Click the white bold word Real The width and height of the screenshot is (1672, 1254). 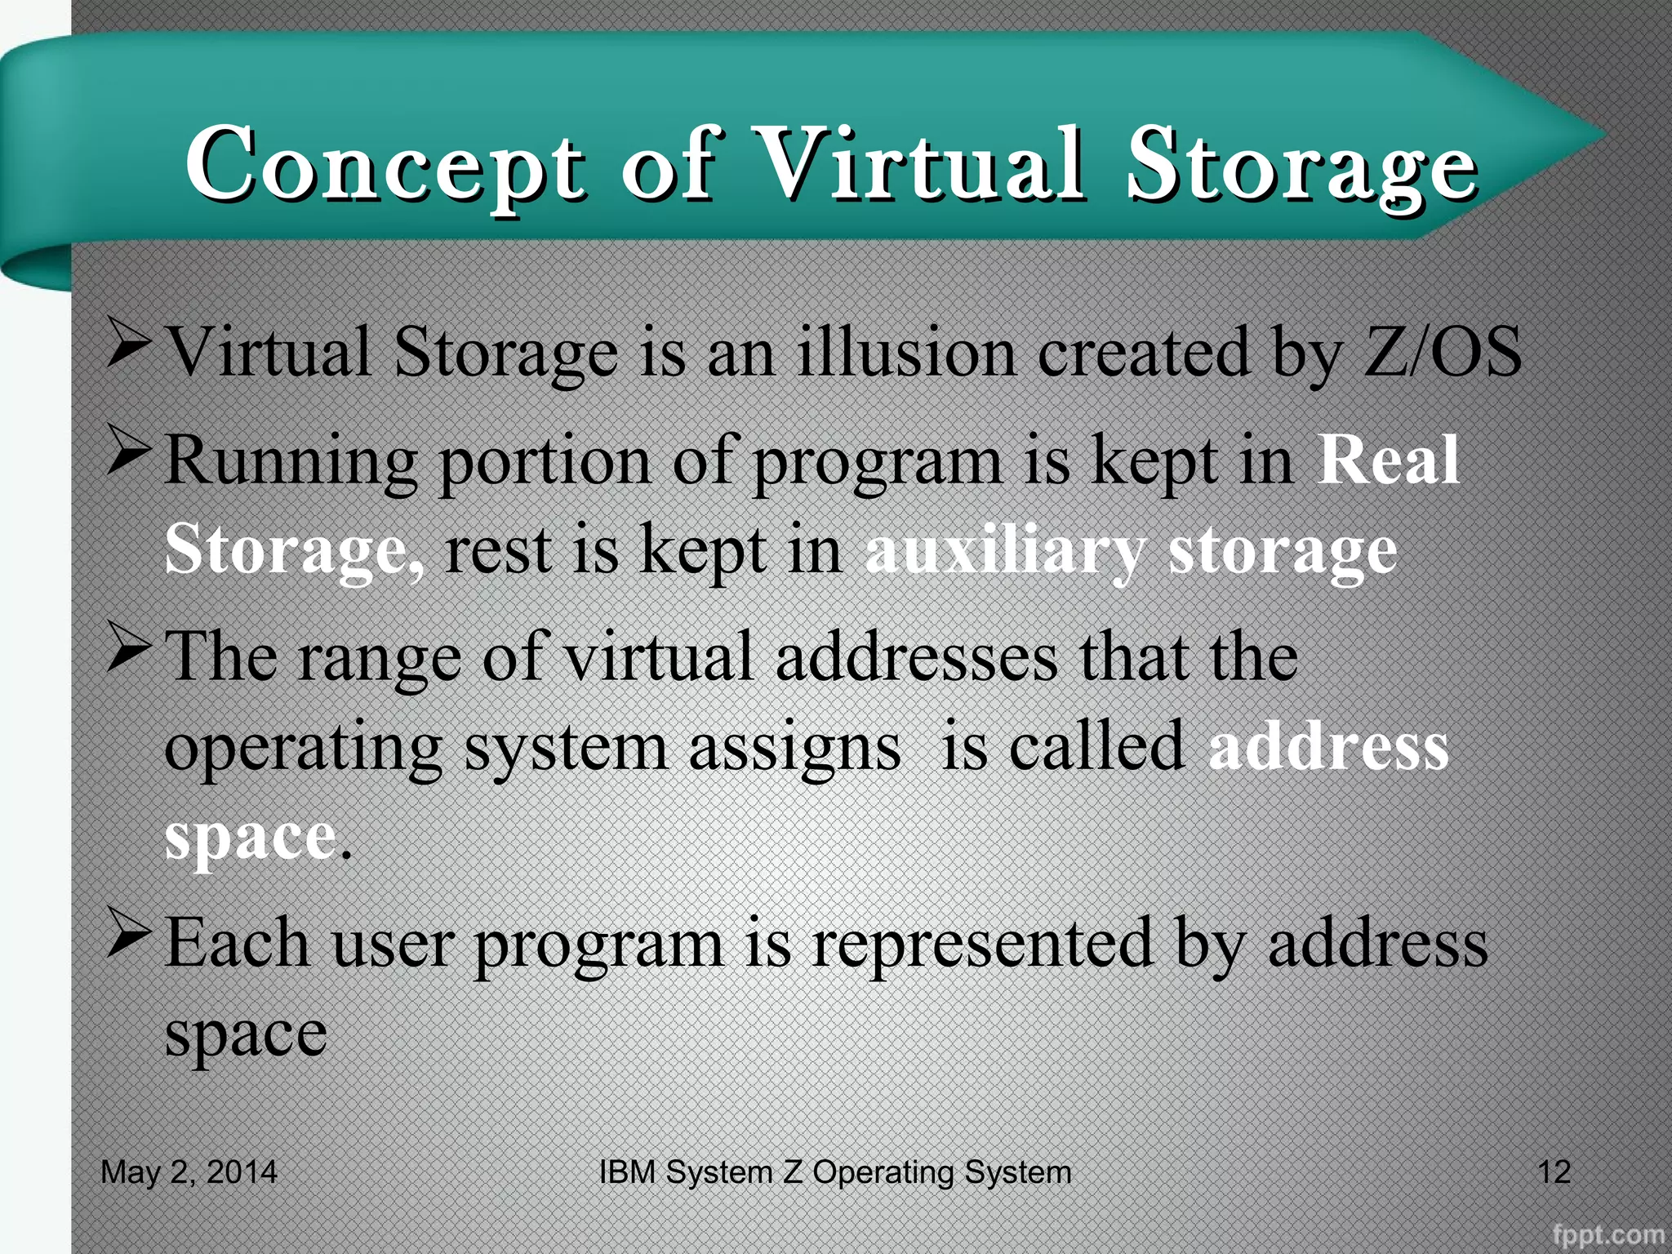(1389, 460)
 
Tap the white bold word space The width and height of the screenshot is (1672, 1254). (250, 838)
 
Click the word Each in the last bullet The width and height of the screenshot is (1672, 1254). (238, 942)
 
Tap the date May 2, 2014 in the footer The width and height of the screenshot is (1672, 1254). (189, 1172)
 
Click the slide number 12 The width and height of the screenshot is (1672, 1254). (1554, 1172)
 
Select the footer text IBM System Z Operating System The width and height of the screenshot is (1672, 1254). (834, 1172)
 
